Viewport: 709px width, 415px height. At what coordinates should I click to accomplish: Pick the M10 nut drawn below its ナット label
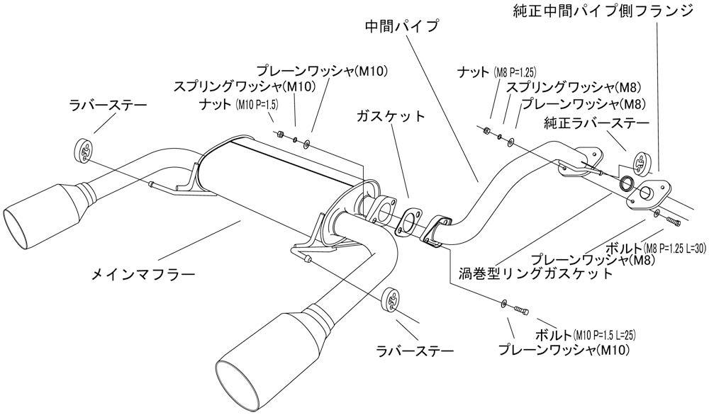tap(280, 133)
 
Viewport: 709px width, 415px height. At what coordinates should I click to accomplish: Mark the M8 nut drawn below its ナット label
tap(486, 130)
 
